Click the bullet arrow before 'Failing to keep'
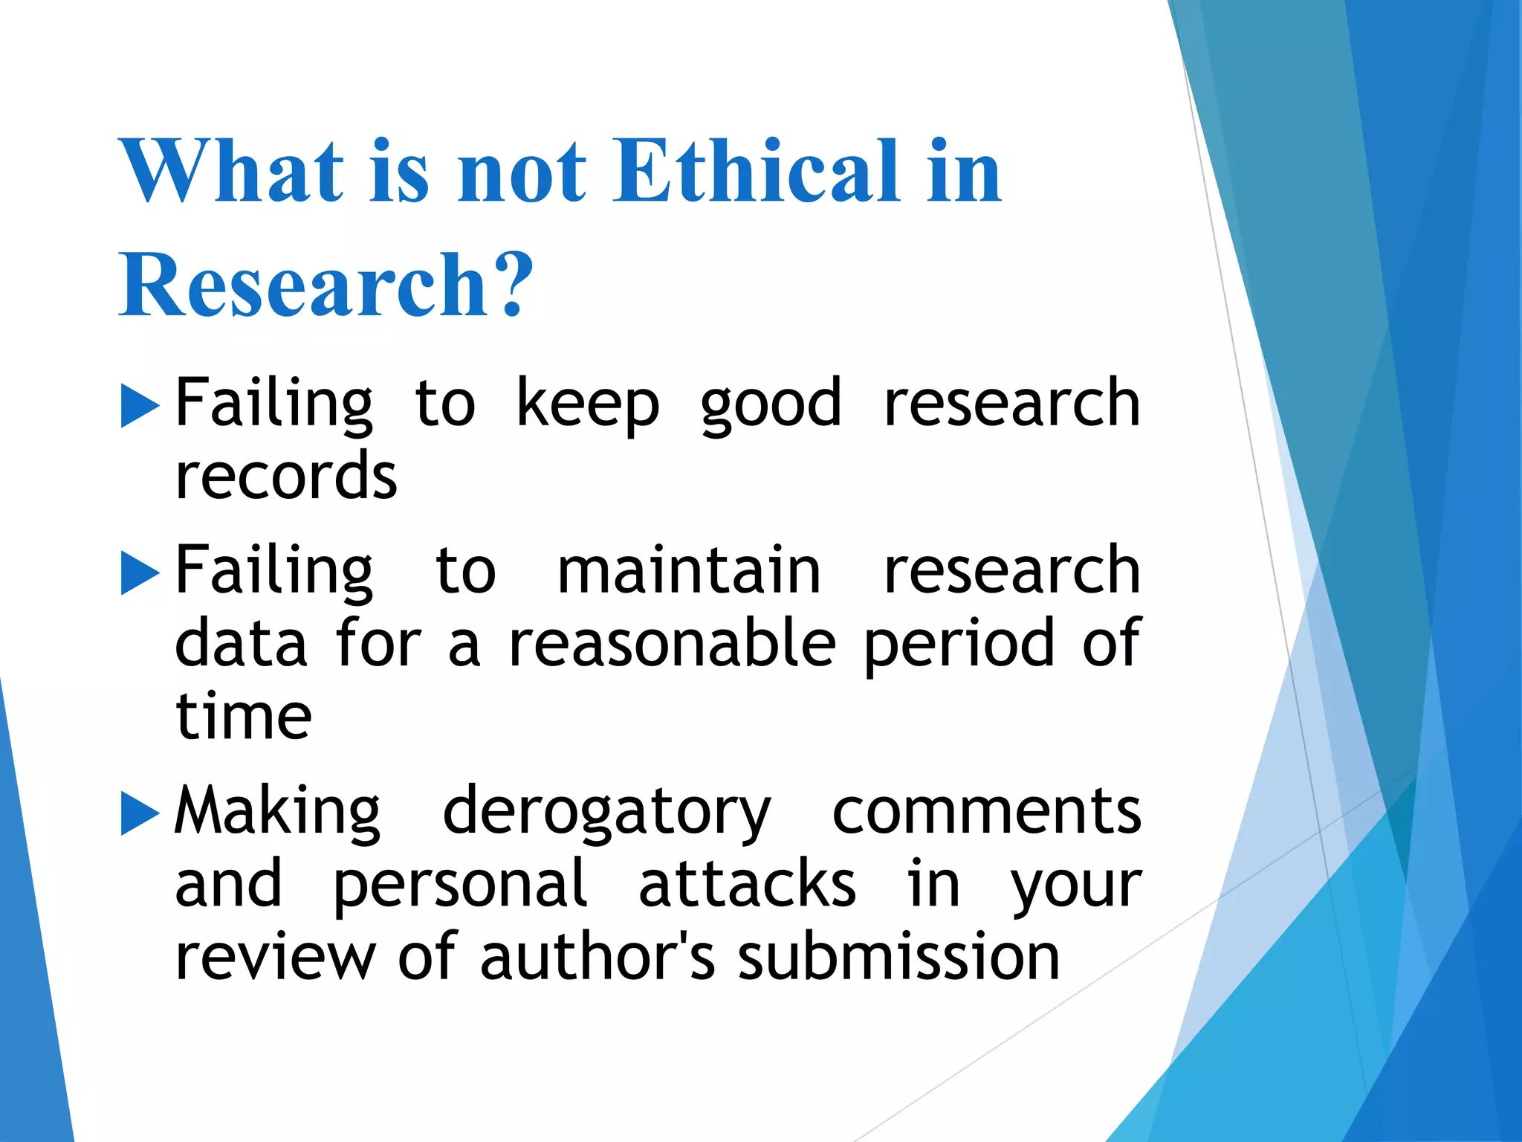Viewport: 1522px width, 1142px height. (140, 406)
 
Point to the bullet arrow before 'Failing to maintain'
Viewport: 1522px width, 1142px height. (140, 573)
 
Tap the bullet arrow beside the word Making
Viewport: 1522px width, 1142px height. (140, 814)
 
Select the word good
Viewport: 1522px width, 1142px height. (771, 405)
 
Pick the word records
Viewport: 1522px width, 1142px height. (286, 476)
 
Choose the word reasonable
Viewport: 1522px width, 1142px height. (672, 643)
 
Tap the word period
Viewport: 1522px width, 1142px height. (959, 645)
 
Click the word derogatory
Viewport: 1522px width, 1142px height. (606, 812)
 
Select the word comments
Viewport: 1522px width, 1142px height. (986, 812)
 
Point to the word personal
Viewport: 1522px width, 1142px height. (460, 885)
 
